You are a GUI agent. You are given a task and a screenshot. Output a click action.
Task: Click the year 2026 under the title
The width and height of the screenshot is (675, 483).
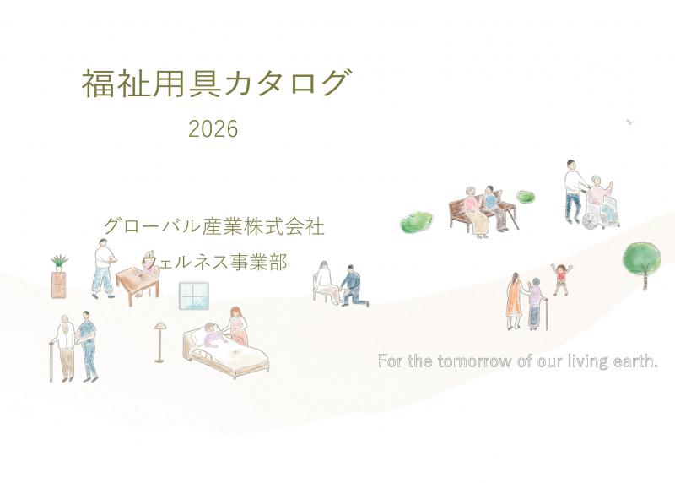pyautogui.click(x=213, y=129)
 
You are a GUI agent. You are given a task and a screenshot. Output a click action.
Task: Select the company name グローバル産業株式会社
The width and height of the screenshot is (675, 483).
pyautogui.click(x=213, y=226)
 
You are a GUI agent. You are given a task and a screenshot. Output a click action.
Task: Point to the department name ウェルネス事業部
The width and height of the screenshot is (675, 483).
pyautogui.click(x=215, y=263)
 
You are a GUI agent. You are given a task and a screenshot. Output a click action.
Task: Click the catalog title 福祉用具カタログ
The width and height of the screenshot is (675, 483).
pyautogui.click(x=214, y=84)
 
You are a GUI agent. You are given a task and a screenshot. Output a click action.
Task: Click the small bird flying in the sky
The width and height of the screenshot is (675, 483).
pyautogui.click(x=629, y=122)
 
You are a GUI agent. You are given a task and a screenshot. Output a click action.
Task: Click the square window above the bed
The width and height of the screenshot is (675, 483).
pyautogui.click(x=193, y=298)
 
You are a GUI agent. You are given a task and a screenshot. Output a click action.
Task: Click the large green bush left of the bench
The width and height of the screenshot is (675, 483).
pyautogui.click(x=416, y=222)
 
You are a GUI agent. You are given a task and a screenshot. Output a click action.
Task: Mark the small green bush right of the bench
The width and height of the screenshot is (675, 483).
pyautogui.click(x=526, y=198)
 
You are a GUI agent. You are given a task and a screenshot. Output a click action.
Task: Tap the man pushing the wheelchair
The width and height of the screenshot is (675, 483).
pyautogui.click(x=574, y=187)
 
